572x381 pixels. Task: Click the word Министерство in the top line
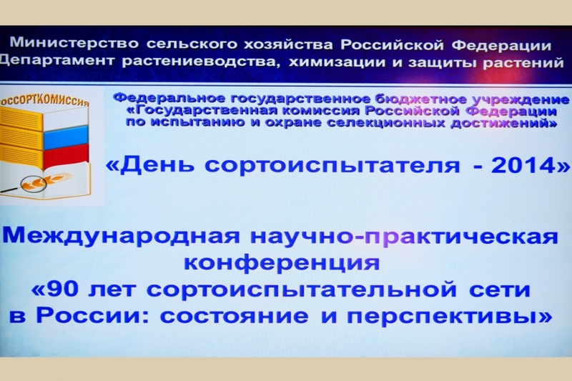[74, 44]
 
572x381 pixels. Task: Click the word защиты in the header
[443, 63]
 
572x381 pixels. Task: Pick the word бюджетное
[420, 99]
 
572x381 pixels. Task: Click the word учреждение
[521, 99]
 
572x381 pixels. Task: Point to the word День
[154, 165]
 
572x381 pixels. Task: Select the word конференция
[282, 263]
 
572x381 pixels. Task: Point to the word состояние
[234, 316]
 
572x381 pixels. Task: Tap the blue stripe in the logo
[66, 136]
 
